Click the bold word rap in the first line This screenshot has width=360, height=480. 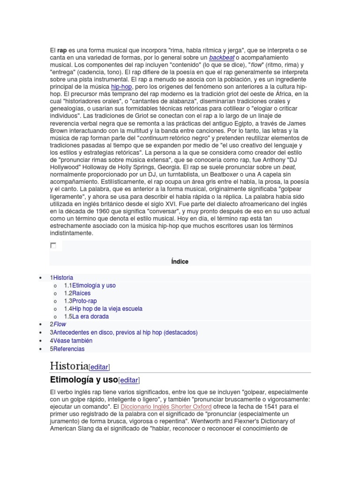[62, 50]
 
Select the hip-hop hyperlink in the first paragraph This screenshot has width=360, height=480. [122, 87]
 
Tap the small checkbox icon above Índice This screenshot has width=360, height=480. [53, 245]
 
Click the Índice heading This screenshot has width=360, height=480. [180, 262]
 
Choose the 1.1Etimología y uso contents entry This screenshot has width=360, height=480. [90, 285]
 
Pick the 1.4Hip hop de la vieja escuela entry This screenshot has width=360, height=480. [103, 309]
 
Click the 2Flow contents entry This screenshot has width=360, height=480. [58, 324]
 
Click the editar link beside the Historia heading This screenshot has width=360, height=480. [99, 367]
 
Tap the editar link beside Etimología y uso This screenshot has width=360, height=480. [129, 380]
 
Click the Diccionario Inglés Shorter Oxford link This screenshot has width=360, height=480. [166, 406]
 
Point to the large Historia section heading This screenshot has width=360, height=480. [69, 366]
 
